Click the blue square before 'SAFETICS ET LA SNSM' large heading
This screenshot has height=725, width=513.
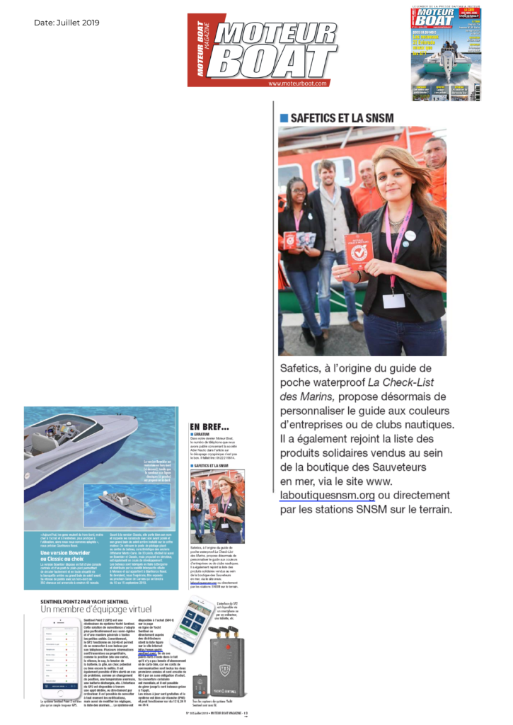tap(284, 118)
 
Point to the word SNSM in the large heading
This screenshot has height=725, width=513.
tap(378, 118)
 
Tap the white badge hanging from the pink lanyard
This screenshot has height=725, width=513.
tap(393, 299)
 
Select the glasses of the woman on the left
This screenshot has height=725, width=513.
tap(296, 188)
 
